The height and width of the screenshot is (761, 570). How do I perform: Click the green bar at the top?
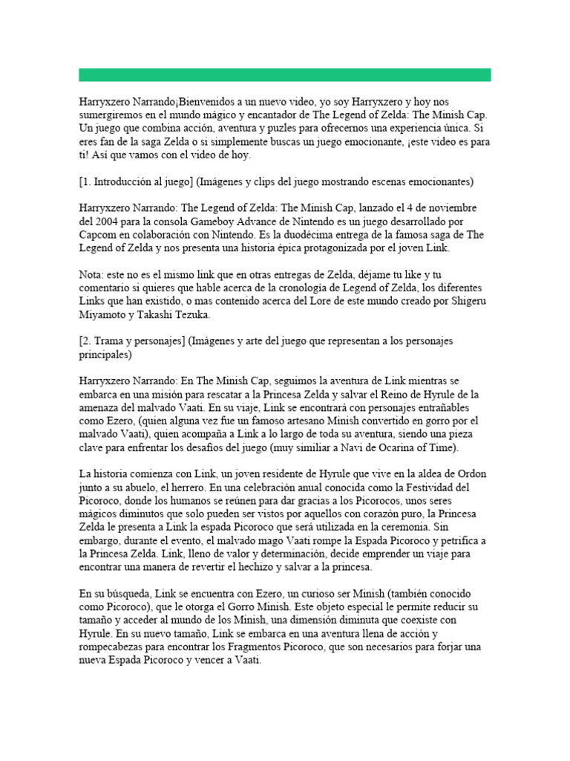pyautogui.click(x=285, y=74)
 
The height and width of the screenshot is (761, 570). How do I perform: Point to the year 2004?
pyautogui.click(x=105, y=222)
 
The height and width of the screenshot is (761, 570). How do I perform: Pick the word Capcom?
pyautogui.click(x=98, y=236)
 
